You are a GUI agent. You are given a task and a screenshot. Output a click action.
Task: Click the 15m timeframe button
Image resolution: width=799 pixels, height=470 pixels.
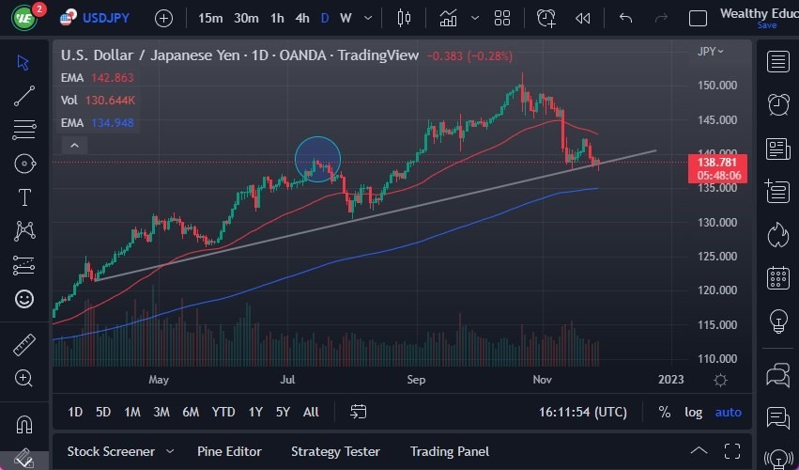coord(211,18)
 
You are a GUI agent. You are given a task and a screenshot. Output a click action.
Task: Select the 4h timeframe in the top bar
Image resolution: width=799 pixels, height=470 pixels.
coord(302,18)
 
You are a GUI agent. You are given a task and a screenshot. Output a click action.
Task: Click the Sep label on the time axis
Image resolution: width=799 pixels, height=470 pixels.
coord(416,380)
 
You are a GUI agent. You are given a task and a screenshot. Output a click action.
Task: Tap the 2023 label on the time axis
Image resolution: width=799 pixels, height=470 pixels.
coord(670,380)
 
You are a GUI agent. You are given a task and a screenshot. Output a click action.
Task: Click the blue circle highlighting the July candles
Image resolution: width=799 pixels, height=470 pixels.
coord(317,159)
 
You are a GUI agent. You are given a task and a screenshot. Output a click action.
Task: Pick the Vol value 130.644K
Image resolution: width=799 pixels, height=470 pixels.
coord(111,101)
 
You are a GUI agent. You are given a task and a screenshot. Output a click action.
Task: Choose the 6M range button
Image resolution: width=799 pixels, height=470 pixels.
coord(190,412)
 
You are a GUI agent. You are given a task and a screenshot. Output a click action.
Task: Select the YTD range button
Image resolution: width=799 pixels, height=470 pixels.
coord(223,412)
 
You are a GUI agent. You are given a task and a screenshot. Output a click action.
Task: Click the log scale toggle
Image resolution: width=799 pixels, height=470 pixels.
coord(693,412)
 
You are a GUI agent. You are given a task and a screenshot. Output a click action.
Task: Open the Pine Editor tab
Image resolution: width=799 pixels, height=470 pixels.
coord(229,451)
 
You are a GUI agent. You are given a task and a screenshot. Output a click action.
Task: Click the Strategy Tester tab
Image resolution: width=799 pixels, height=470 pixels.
coord(335,451)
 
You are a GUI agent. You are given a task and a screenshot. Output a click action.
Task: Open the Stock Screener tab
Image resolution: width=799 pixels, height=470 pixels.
coord(111,451)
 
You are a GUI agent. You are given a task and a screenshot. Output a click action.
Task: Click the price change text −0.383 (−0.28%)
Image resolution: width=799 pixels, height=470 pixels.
coord(469,55)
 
